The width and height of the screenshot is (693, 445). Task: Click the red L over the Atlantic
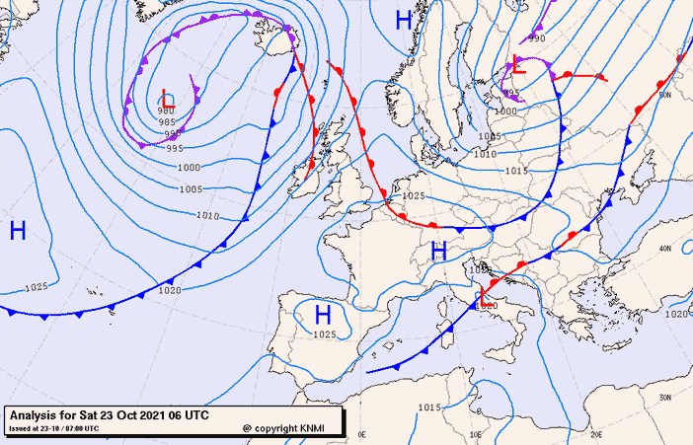[x=168, y=99]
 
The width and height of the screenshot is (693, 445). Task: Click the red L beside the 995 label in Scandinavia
[x=518, y=66]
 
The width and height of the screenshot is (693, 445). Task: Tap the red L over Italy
[x=483, y=297]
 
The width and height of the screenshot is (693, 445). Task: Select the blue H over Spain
[x=322, y=315]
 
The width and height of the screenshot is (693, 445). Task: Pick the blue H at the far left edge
[x=17, y=231]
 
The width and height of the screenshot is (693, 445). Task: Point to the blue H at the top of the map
[x=403, y=20]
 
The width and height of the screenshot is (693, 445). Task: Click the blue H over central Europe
[x=439, y=251]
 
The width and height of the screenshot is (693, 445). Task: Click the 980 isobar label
[x=165, y=111]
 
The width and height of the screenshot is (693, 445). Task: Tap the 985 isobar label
[x=168, y=122]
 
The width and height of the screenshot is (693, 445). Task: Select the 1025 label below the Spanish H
[x=324, y=334]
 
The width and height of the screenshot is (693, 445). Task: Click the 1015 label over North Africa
[x=428, y=407]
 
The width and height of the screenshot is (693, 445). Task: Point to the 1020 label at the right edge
[x=676, y=314]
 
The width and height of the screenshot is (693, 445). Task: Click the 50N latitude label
[x=665, y=95]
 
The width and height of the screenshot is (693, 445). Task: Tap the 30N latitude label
[x=665, y=395]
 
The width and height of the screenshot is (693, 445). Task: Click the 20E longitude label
[x=595, y=433]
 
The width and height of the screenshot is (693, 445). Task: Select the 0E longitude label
[x=361, y=433]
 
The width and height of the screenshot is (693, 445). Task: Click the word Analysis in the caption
[x=36, y=414]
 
